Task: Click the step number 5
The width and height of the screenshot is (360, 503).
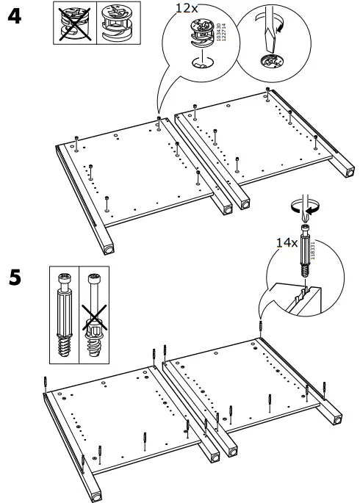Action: click(x=13, y=280)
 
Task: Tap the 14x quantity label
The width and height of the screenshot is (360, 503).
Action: click(x=287, y=240)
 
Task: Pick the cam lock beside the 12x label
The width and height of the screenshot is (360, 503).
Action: click(x=200, y=35)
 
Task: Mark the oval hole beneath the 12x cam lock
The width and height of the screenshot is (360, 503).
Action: click(x=199, y=65)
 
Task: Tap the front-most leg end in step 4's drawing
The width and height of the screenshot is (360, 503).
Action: click(x=109, y=249)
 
